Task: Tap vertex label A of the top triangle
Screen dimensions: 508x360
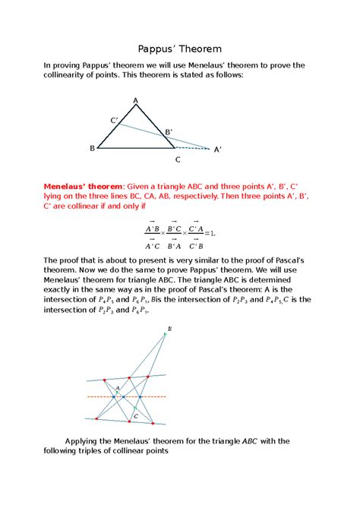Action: point(136,101)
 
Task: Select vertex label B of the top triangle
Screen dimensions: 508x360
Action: point(92,149)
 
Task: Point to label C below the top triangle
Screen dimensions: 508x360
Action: point(178,159)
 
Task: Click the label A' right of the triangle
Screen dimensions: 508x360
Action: point(218,150)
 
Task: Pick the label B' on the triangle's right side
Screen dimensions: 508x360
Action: point(169,132)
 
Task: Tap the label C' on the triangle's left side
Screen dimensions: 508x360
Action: point(114,120)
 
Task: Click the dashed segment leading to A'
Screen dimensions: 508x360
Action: point(194,148)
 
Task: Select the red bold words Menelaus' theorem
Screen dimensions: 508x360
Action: point(82,185)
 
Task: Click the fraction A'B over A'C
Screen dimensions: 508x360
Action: point(152,236)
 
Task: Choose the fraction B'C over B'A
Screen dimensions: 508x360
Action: point(174,236)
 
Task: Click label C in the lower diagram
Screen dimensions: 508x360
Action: point(135,416)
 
